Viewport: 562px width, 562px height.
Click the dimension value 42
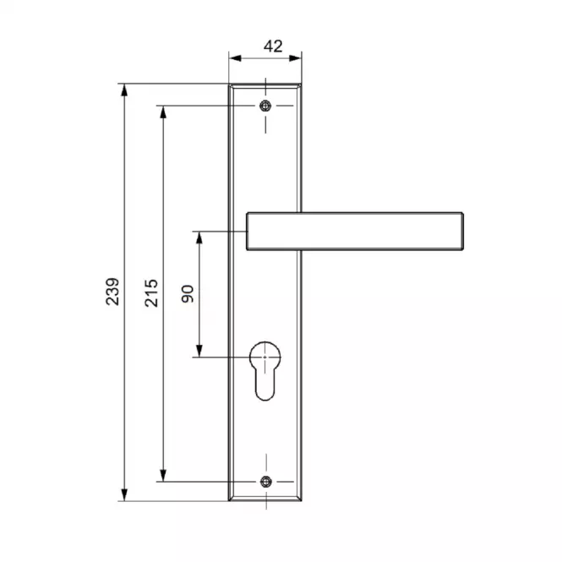273,46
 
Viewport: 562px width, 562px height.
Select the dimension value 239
112,292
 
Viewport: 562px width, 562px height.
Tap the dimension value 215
151,292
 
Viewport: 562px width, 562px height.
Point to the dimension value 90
188,294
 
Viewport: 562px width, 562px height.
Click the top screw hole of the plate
265,106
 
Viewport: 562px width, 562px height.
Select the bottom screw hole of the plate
265,482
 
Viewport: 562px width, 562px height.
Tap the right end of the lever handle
462,232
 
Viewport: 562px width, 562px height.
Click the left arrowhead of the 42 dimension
235,58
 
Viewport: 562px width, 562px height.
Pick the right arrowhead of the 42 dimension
295,58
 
